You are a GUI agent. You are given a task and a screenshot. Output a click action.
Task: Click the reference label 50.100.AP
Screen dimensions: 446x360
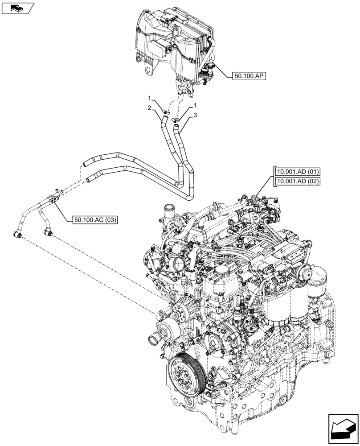(x=249, y=76)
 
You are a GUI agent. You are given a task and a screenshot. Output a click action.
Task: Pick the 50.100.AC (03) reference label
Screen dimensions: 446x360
(x=93, y=219)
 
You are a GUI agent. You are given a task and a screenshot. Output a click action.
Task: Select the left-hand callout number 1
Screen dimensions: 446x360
(x=151, y=97)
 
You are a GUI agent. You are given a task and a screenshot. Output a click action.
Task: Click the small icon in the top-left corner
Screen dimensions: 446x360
(x=17, y=8)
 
